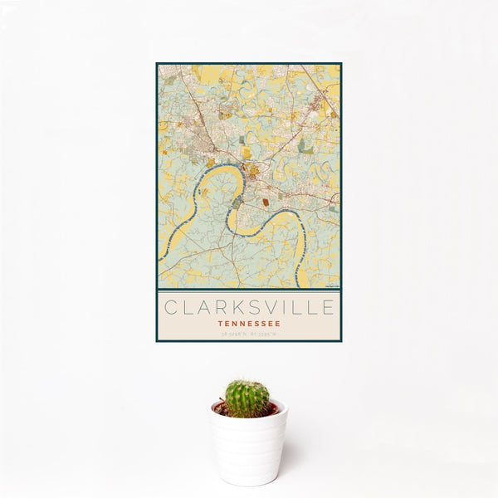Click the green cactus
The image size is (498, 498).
tap(247, 398)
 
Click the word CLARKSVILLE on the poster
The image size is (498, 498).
tap(249, 308)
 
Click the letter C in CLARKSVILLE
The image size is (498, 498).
tap(170, 308)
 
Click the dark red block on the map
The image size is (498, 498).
tap(265, 202)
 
